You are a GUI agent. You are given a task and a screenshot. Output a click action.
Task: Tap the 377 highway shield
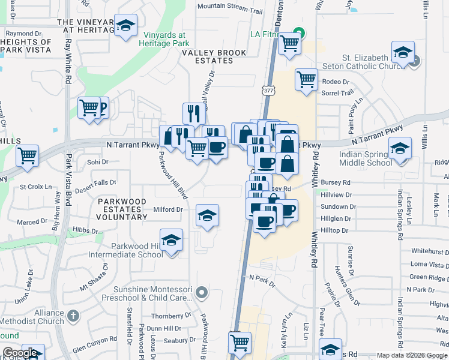click(267, 90)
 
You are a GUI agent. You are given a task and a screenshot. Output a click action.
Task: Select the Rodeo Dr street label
click(336, 81)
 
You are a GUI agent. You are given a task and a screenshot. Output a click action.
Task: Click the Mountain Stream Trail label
click(230, 6)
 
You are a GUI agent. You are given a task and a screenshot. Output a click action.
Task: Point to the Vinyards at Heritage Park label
click(164, 39)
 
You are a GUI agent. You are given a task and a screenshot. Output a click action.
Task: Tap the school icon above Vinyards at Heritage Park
click(126, 26)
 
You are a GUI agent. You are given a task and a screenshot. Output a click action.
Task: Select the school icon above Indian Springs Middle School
click(400, 148)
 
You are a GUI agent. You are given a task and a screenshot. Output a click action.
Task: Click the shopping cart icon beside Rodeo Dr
click(306, 79)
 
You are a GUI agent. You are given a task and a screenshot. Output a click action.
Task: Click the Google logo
click(20, 353)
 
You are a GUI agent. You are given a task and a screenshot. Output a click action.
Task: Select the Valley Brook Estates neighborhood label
click(214, 53)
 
